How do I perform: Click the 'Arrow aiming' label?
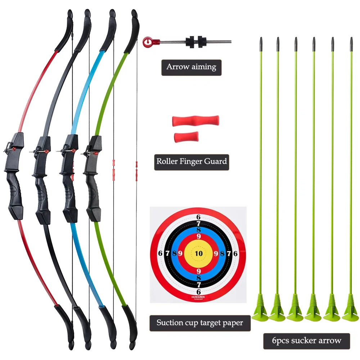(191, 67)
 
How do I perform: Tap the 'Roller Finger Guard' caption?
(192, 161)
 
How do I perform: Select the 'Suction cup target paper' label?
(200, 323)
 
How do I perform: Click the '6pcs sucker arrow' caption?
(306, 340)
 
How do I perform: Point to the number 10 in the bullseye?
(198, 253)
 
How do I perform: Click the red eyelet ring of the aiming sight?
(147, 42)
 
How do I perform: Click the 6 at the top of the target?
(198, 217)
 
